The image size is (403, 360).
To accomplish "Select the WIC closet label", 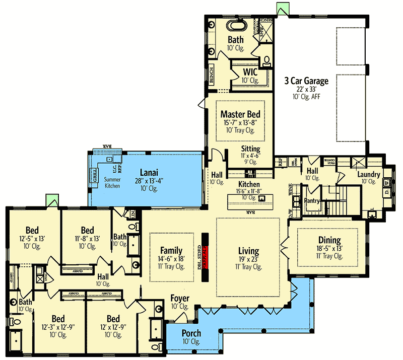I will coord(250,72).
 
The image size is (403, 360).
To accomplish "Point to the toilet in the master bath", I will coord(267,62).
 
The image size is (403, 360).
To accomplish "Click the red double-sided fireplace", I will coord(205,258).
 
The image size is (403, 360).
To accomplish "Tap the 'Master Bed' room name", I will coord(240,115).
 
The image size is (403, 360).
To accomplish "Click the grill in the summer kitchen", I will coord(94,177).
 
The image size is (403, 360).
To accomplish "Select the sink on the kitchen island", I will coord(261,198).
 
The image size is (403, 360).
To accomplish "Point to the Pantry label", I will coord(313,200).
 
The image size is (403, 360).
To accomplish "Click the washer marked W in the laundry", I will coord(387,183).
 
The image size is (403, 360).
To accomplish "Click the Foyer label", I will coord(179,298).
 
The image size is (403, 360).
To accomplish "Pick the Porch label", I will coord(191,333).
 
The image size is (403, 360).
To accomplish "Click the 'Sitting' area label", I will coord(250,149).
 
